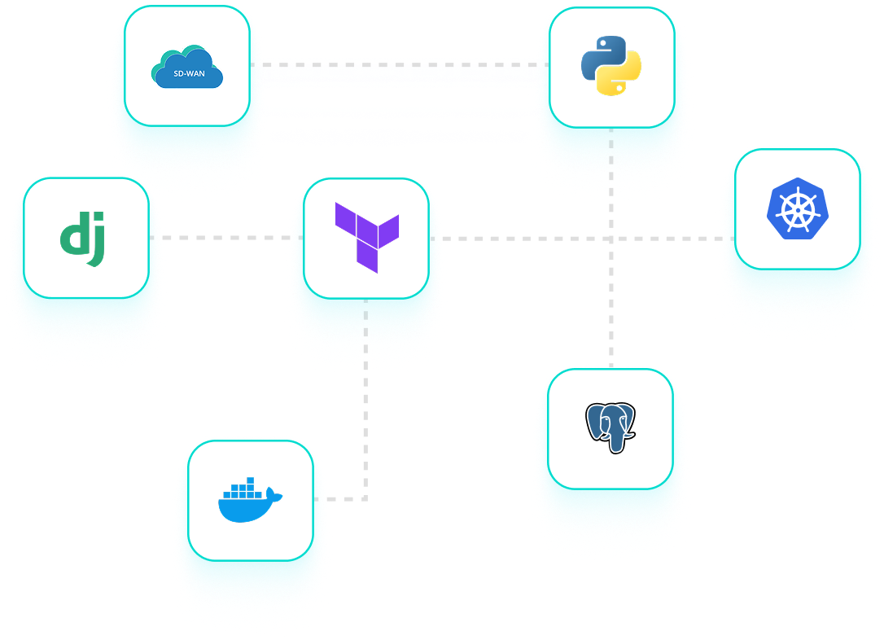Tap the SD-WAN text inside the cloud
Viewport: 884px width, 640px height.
click(x=189, y=74)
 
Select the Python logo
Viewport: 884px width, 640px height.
click(x=611, y=66)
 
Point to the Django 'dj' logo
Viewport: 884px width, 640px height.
click(x=83, y=239)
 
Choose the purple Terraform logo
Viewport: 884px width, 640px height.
click(x=366, y=237)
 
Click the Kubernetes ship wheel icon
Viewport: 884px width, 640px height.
click(x=797, y=208)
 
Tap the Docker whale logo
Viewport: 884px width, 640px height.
click(x=250, y=502)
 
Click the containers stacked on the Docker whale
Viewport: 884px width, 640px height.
click(x=245, y=490)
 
